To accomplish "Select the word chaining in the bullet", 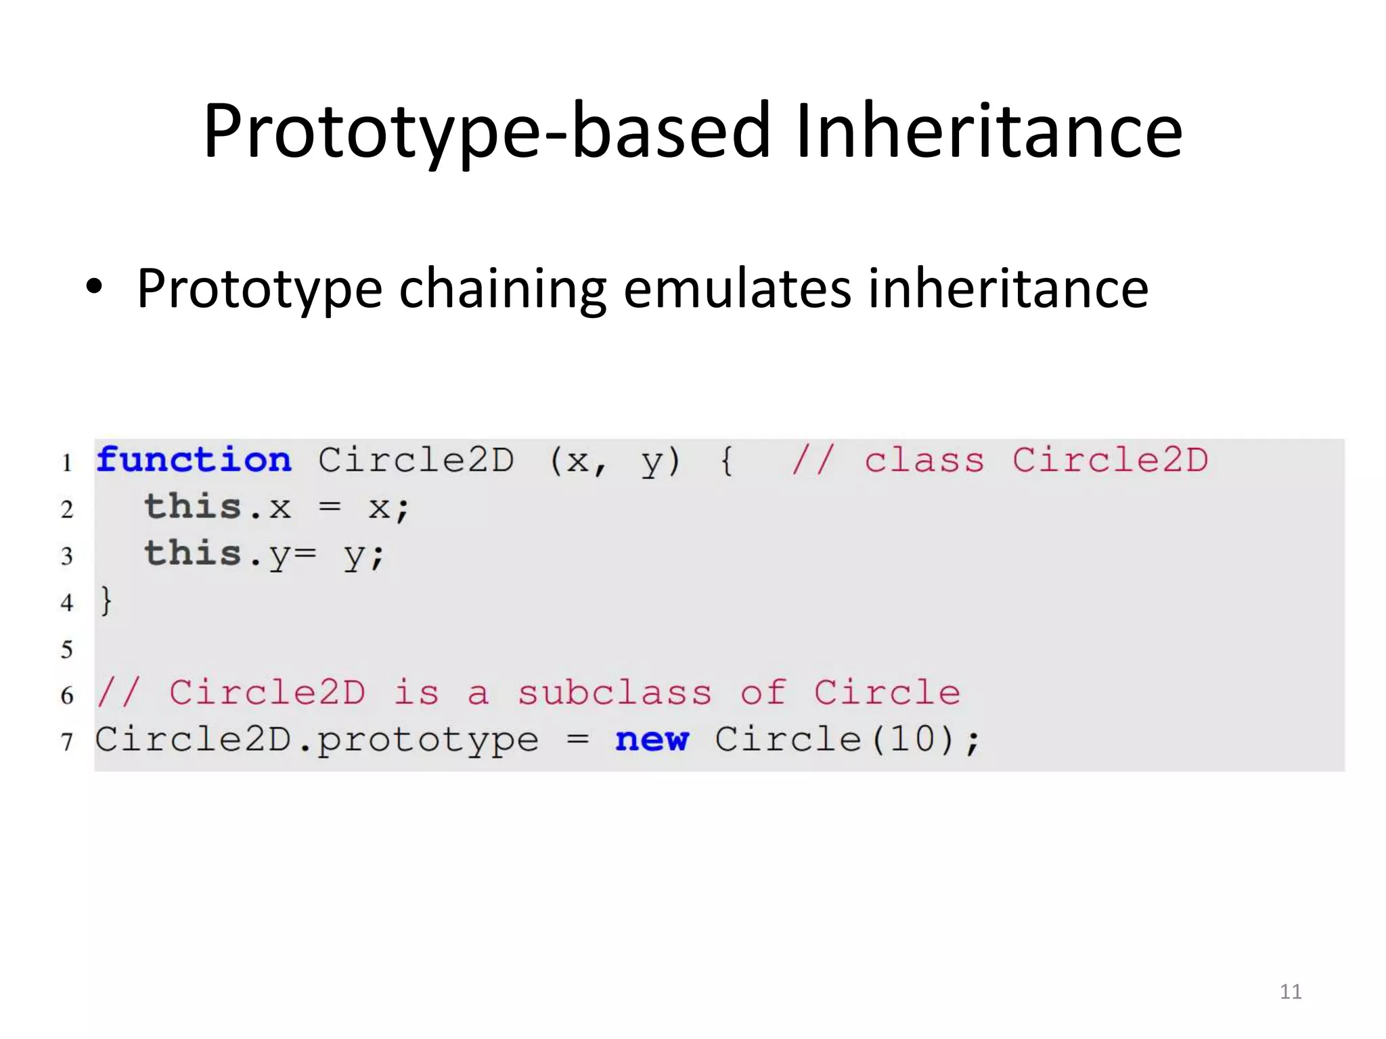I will [502, 289].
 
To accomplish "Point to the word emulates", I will [736, 289].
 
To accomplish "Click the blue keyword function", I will [194, 461].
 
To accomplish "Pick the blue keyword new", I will [651, 739].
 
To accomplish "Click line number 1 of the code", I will [67, 463].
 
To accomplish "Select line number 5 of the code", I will [67, 649].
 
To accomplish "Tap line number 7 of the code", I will [67, 742].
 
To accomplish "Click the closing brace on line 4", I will [106, 601].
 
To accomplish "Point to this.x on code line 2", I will [217, 507].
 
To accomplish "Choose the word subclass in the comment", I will [614, 693].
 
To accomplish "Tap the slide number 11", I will [1290, 992].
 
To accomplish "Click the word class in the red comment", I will [924, 461].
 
